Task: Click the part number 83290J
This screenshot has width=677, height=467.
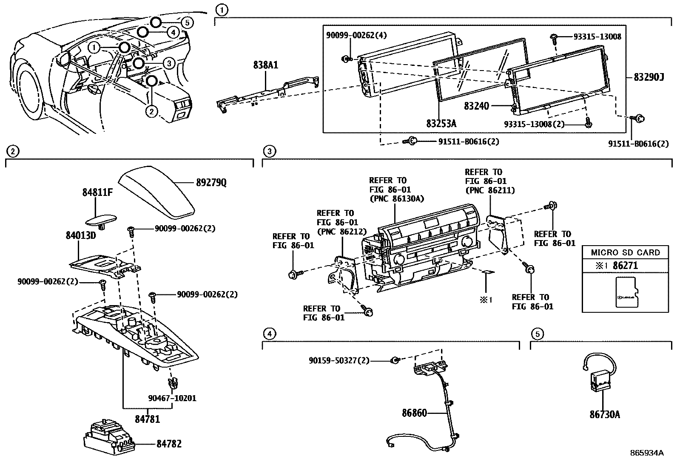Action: point(649,77)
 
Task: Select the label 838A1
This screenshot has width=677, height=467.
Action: point(266,65)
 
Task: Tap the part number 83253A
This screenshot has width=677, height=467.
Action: point(441,123)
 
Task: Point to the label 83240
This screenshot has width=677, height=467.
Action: point(476,106)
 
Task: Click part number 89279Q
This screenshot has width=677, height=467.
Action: point(211,182)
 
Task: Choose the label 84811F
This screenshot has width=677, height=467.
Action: point(98,192)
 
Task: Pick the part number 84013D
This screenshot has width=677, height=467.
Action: point(81,235)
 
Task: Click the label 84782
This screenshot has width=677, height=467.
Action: point(169,444)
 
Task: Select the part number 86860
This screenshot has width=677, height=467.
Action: point(414,413)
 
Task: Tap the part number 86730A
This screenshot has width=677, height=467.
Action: point(604,415)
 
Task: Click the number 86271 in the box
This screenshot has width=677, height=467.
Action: point(625,266)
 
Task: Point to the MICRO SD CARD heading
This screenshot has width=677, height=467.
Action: point(625,252)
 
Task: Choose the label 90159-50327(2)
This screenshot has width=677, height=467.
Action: point(339,360)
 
